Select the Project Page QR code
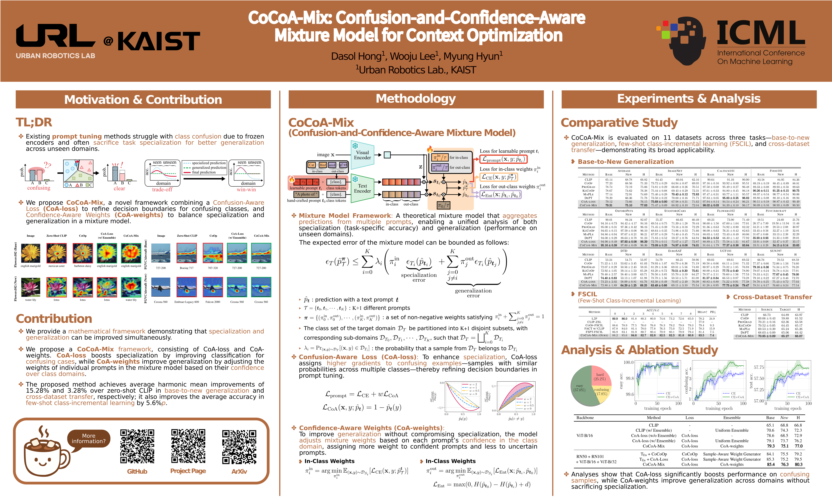pyautogui.click(x=188, y=446)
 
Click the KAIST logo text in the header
pyautogui.click(x=159, y=41)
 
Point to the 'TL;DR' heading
pyautogui.click(x=34, y=122)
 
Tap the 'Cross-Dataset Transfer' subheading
pyautogui.click(x=772, y=297)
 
